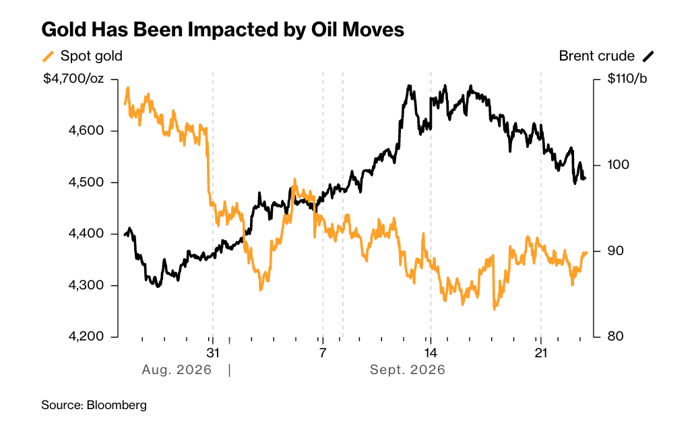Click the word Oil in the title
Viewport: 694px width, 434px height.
[x=324, y=30]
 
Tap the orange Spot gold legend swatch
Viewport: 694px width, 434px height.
[x=48, y=56]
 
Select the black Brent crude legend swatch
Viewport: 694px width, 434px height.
[x=648, y=56]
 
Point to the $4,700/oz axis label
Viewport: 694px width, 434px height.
[x=73, y=79]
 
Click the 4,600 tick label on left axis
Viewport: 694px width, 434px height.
[x=86, y=131]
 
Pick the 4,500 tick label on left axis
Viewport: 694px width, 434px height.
[x=86, y=182]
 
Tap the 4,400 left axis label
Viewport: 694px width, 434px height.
[x=86, y=233]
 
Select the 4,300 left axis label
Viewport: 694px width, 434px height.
[x=86, y=285]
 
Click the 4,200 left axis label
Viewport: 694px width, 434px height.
[x=86, y=336]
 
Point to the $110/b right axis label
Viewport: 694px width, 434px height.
[x=627, y=79]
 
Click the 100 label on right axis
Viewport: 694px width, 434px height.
[x=619, y=165]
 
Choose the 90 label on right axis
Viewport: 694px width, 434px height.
[x=616, y=250]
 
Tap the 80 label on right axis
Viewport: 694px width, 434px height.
[x=616, y=336]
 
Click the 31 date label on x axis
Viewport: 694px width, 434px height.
[x=213, y=353]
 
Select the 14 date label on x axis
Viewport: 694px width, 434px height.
[x=430, y=353]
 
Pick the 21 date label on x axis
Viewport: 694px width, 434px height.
[x=541, y=353]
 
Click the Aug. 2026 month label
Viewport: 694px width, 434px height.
[x=177, y=369]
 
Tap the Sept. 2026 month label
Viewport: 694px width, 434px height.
[x=407, y=369]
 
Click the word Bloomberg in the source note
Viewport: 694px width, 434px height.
[x=117, y=405]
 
